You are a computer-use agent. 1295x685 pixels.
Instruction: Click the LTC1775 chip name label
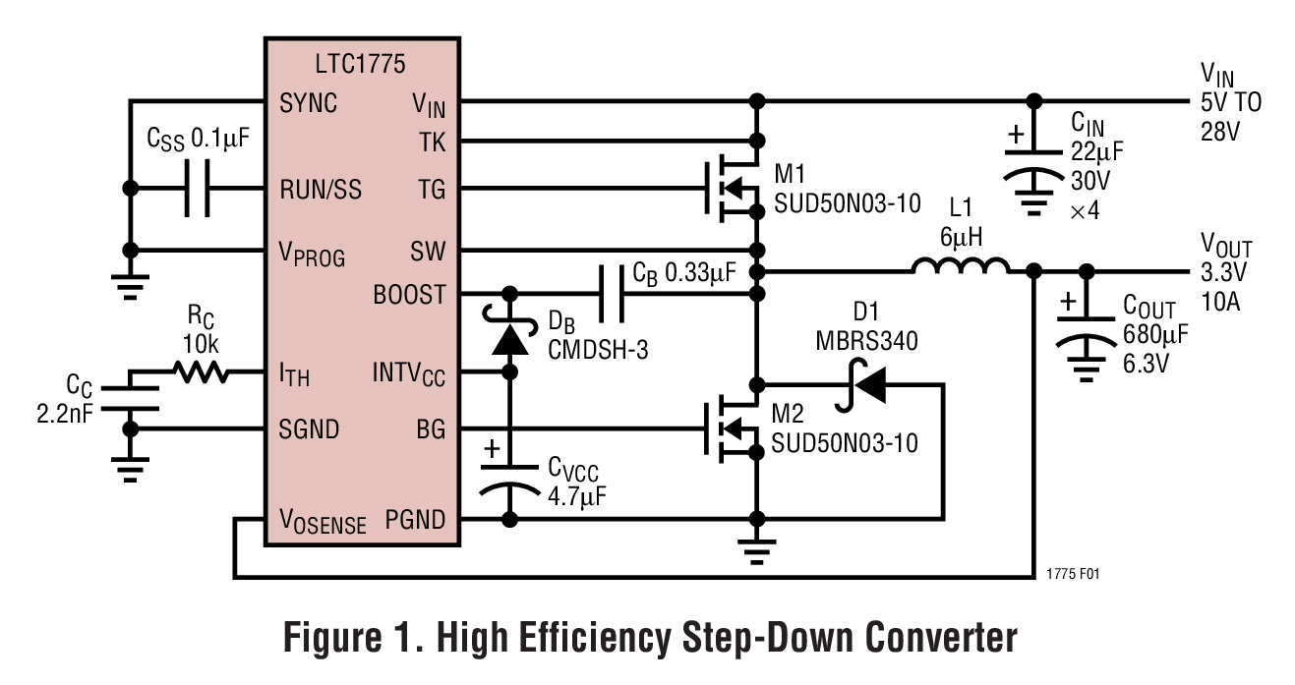point(361,65)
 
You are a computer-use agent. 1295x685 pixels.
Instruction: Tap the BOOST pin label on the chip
point(409,294)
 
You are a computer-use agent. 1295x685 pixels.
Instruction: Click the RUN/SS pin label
point(321,189)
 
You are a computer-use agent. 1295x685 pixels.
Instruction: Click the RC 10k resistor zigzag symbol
point(202,372)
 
